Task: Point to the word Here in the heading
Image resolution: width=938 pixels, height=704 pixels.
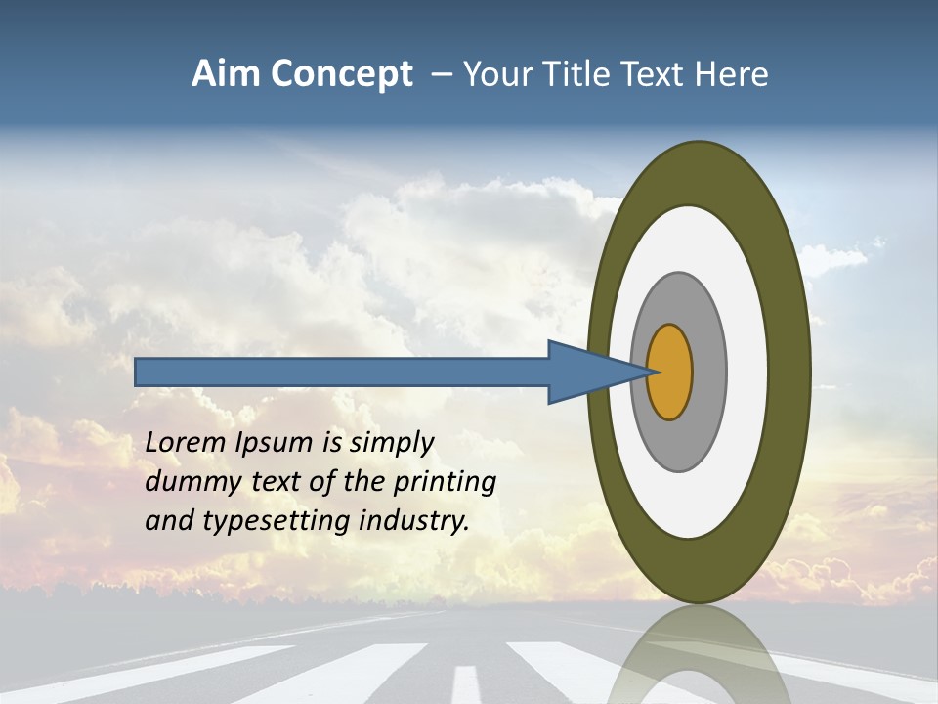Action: pos(732,74)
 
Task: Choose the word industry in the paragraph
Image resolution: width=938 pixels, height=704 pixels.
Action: pos(414,520)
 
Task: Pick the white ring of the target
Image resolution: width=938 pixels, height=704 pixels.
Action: pos(746,373)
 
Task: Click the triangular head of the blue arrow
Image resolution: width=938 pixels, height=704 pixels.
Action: pos(586,373)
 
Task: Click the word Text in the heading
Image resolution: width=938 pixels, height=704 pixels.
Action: pos(657,74)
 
